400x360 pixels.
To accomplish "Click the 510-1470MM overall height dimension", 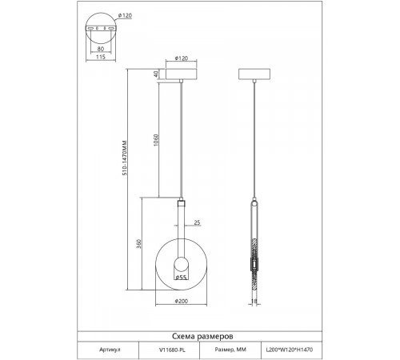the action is pos(125,158).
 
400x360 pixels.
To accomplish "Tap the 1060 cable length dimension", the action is pos(156,140).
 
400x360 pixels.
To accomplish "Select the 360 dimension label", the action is pos(139,244).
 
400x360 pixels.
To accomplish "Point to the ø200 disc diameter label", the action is pos(182,301).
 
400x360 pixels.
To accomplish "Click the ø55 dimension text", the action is pos(181,278).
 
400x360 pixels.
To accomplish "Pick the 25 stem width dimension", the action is pos(197,222).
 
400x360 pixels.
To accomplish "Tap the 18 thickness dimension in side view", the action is pos(254,301).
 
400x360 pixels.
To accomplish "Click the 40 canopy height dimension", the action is pos(156,74).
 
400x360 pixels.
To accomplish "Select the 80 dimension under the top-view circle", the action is pos(101,49).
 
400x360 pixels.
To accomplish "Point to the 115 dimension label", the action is pos(101,57).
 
